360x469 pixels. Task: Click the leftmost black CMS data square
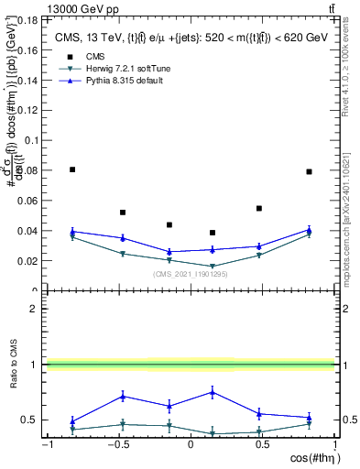[x=72, y=169]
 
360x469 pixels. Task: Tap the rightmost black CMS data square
[x=309, y=171]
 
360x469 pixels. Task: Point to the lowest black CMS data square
[x=213, y=233]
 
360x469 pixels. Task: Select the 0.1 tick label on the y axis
[x=29, y=140]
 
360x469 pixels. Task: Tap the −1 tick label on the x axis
[x=47, y=445]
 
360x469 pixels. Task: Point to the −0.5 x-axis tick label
[x=116, y=445]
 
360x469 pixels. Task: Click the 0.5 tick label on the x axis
[x=262, y=445]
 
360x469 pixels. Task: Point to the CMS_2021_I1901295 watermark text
[x=190, y=274]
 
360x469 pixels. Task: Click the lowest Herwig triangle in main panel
[x=213, y=267]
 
